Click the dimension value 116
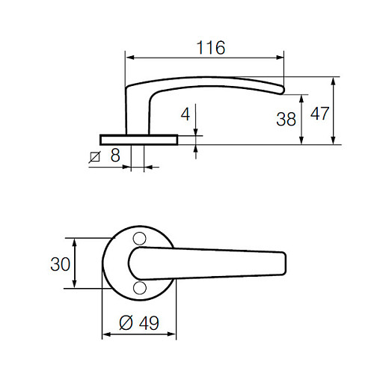click(x=211, y=48)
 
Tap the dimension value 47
click(x=320, y=114)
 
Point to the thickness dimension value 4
click(x=186, y=116)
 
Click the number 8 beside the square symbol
click(x=114, y=156)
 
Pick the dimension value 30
click(x=60, y=263)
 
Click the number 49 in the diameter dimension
click(x=149, y=322)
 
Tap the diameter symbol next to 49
click(x=127, y=322)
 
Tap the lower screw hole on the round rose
click(x=138, y=288)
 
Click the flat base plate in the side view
click(x=138, y=138)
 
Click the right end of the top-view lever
click(x=283, y=263)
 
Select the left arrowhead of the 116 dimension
click(x=128, y=57)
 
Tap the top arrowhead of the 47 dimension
click(x=332, y=80)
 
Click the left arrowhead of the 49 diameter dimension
click(x=105, y=334)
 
